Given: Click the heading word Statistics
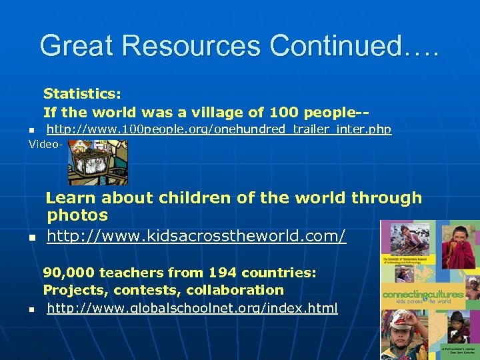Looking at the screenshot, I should pos(82,95).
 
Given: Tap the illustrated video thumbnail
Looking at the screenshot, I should pos(97,161).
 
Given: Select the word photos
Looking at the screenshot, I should pos(77,215).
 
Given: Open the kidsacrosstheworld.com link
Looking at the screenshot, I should pos(197,236).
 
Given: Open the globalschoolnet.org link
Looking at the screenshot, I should pos(192,308).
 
